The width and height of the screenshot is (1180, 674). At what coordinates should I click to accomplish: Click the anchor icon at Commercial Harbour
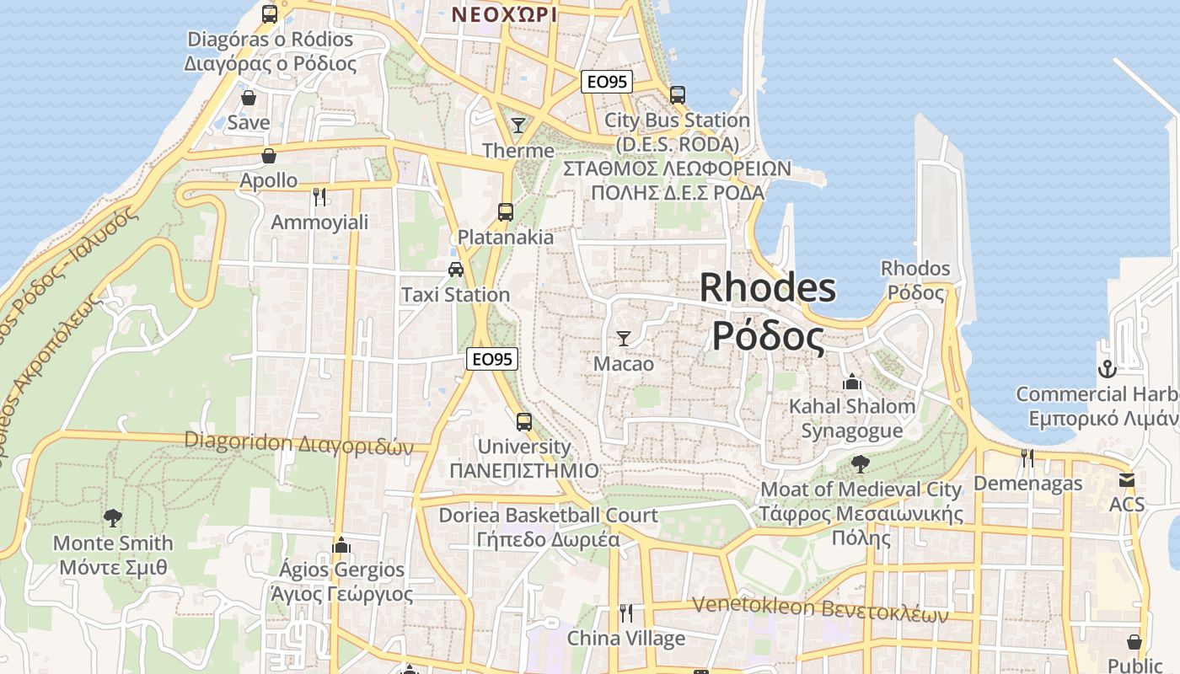tap(1106, 369)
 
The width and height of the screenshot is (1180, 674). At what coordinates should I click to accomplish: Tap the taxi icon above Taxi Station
tap(456, 270)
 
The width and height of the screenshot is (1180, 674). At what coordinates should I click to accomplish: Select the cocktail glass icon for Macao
tap(624, 339)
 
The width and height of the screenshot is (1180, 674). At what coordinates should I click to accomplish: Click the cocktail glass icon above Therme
tap(518, 126)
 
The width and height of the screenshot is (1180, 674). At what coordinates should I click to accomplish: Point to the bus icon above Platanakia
tap(506, 212)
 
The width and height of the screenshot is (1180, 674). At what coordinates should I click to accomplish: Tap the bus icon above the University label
tap(524, 421)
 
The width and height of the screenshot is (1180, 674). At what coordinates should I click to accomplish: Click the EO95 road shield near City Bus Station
tap(607, 82)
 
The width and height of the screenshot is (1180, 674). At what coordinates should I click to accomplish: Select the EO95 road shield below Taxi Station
tap(492, 359)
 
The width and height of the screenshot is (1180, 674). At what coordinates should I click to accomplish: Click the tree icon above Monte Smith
tap(112, 517)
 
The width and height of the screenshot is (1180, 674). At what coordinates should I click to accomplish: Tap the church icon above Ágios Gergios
tap(341, 545)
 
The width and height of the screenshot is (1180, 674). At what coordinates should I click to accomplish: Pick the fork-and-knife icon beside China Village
tap(625, 612)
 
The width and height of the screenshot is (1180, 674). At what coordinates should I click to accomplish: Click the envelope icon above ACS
tap(1127, 480)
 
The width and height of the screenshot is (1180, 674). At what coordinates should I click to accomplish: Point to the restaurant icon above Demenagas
tap(1027, 457)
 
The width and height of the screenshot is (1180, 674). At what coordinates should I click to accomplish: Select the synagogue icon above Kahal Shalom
tap(852, 382)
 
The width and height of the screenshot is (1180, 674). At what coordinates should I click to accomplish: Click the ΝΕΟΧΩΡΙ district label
tap(504, 14)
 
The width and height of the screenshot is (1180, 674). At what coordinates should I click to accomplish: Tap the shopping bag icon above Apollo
tap(269, 156)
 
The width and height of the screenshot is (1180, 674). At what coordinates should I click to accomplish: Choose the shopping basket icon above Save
tap(249, 98)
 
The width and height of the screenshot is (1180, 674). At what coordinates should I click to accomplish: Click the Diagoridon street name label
tap(299, 442)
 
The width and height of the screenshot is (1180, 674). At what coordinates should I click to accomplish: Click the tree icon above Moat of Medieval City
tap(861, 463)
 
